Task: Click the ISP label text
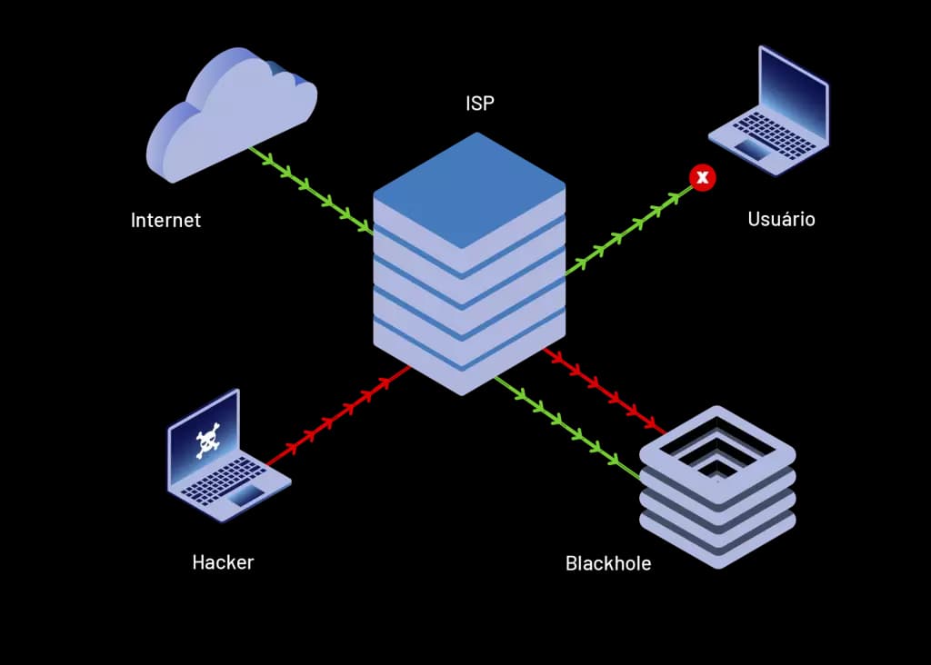point(480,104)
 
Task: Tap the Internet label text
point(165,220)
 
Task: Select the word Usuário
point(781,219)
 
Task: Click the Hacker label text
point(223,562)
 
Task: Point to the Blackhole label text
point(608,563)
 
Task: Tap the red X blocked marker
point(702,177)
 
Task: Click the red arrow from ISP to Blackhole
point(605,388)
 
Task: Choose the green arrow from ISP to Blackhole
point(568,425)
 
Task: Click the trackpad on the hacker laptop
point(245,494)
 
